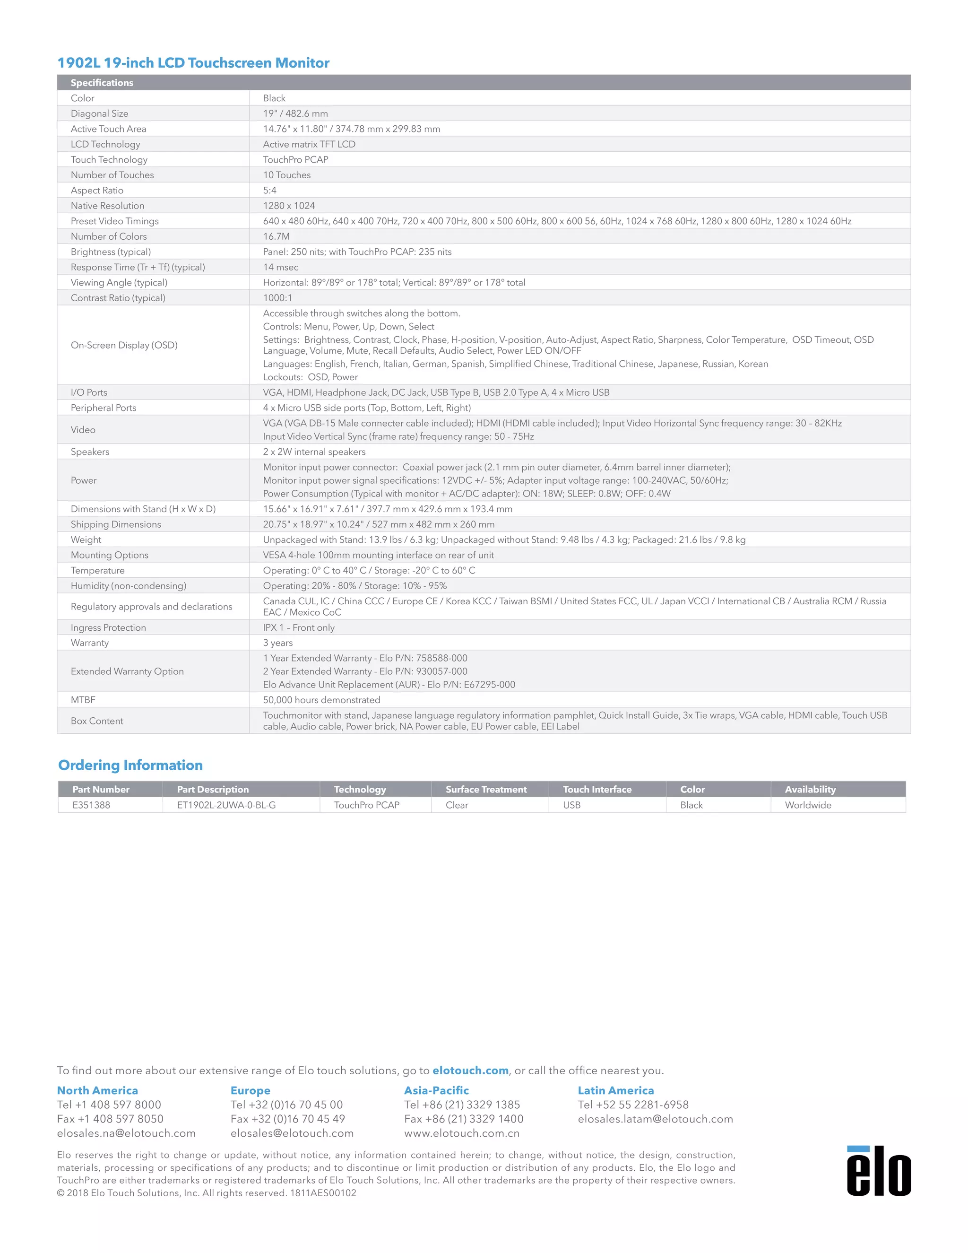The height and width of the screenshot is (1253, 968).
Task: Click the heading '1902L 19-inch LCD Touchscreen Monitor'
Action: click(x=193, y=62)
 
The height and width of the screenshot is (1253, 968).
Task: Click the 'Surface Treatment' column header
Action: click(x=486, y=790)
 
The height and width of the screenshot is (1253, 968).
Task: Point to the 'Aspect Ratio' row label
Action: click(x=97, y=191)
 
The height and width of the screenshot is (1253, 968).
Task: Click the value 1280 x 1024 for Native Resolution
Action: click(x=289, y=205)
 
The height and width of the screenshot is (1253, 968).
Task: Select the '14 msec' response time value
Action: click(x=280, y=267)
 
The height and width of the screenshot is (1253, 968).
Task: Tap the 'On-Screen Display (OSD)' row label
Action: click(x=124, y=345)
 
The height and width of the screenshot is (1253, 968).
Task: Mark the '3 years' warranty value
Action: click(x=277, y=643)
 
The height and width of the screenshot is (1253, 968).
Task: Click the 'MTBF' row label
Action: click(x=83, y=700)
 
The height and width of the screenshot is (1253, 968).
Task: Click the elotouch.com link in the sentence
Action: click(x=470, y=1070)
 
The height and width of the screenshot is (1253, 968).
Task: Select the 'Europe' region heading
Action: click(x=250, y=1091)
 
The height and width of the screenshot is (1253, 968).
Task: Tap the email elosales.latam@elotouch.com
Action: click(x=656, y=1119)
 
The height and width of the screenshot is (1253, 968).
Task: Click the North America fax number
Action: click(x=110, y=1119)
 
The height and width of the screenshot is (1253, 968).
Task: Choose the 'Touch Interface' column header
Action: click(x=597, y=790)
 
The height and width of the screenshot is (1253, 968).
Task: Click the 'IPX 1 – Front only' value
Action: click(x=298, y=627)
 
